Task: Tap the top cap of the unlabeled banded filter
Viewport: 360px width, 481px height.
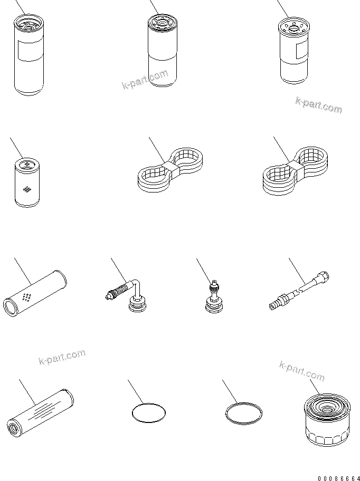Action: (x=162, y=22)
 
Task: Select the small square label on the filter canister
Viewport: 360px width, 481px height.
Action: (x=300, y=51)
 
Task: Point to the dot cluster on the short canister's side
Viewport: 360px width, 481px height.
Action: (x=27, y=190)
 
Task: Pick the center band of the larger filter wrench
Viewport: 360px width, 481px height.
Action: (x=295, y=167)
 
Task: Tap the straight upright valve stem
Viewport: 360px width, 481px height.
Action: (x=214, y=296)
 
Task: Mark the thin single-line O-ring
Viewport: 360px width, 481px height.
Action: (x=149, y=412)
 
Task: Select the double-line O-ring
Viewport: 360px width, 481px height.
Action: (x=244, y=413)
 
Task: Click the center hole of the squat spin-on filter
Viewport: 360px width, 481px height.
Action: (x=327, y=408)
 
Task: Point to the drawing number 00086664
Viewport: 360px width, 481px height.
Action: (x=339, y=478)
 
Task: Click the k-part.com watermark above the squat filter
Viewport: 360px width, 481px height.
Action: (x=302, y=371)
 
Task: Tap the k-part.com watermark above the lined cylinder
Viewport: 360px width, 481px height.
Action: (x=62, y=357)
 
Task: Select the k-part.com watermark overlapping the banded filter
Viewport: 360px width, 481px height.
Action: (x=146, y=79)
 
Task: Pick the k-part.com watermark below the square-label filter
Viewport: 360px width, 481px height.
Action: (x=319, y=104)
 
